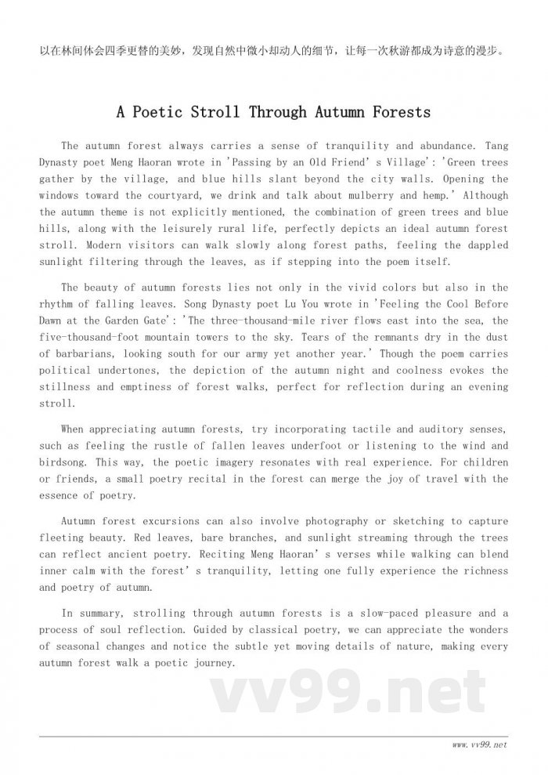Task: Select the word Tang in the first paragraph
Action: pos(497,146)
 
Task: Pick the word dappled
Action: pos(483,246)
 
